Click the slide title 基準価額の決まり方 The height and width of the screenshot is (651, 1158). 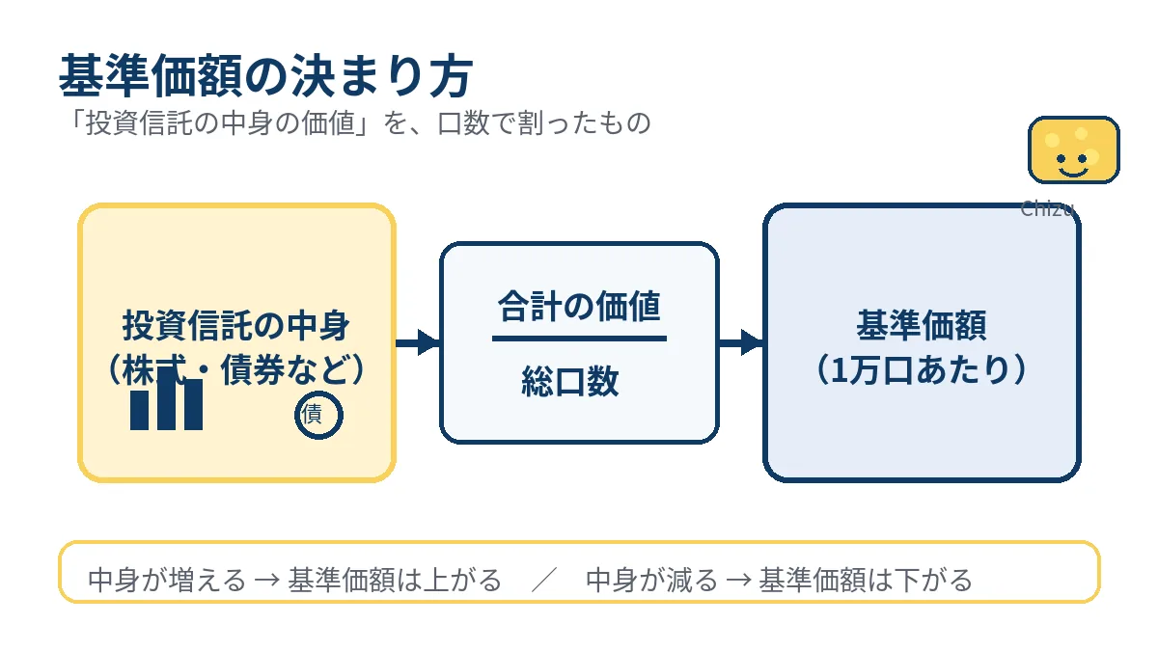[265, 76]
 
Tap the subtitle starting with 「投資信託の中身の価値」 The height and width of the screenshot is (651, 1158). [355, 124]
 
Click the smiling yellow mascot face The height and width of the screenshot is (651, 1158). [1073, 150]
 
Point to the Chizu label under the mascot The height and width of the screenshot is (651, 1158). [1047, 208]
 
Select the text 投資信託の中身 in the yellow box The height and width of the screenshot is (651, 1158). [236, 326]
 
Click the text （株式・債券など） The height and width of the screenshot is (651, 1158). [236, 369]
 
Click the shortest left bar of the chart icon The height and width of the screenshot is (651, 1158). [140, 410]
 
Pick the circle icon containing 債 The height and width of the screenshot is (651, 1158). [318, 416]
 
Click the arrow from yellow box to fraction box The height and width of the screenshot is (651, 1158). [418, 342]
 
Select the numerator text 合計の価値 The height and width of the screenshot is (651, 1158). [579, 307]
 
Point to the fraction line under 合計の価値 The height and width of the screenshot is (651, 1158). [579, 339]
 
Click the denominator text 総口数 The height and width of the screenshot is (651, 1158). [570, 383]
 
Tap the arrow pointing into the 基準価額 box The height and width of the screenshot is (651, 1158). [741, 342]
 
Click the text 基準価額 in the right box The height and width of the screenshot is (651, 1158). [922, 326]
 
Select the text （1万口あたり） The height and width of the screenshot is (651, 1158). [922, 370]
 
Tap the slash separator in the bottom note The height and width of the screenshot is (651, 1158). [544, 581]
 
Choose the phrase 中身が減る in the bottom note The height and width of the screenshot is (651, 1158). [652, 581]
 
